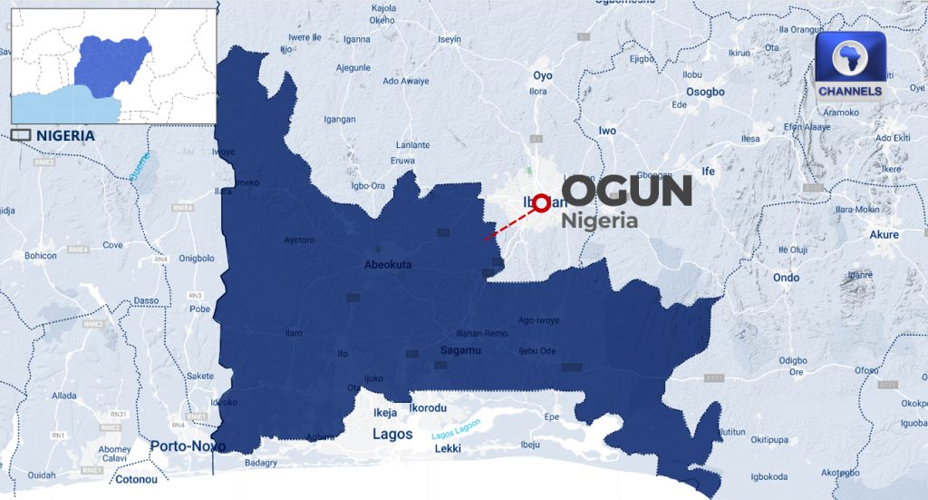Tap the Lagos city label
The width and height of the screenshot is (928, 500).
tap(393, 435)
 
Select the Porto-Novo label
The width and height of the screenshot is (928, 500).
tap(188, 446)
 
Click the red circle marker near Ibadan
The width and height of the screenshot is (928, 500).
tap(541, 203)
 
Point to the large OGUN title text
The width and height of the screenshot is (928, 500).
tap(627, 191)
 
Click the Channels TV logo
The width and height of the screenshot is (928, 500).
tap(850, 66)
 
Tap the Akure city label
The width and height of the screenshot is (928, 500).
tap(884, 234)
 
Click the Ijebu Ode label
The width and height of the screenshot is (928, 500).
tap(536, 350)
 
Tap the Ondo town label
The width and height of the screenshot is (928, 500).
tap(786, 277)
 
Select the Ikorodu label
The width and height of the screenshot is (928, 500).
tap(429, 408)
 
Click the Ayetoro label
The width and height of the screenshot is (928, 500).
tap(299, 240)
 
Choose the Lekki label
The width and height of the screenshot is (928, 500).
tap(448, 449)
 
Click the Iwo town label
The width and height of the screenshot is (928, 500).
tap(607, 131)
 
